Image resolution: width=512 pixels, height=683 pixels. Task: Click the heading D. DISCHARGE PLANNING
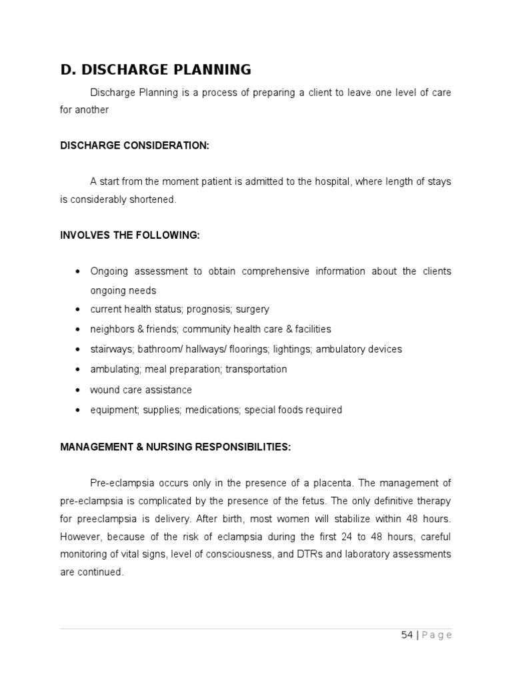coord(155,69)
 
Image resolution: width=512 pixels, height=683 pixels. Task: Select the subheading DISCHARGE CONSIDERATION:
coord(135,145)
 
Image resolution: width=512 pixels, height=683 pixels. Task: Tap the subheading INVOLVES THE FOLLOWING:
coord(129,235)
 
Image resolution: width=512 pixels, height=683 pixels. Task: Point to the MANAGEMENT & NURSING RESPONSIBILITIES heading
coord(175,447)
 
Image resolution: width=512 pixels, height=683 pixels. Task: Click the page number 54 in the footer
coord(407,635)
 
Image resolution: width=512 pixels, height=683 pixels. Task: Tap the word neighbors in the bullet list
coord(111,329)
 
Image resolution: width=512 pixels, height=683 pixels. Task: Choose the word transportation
coord(256,370)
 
